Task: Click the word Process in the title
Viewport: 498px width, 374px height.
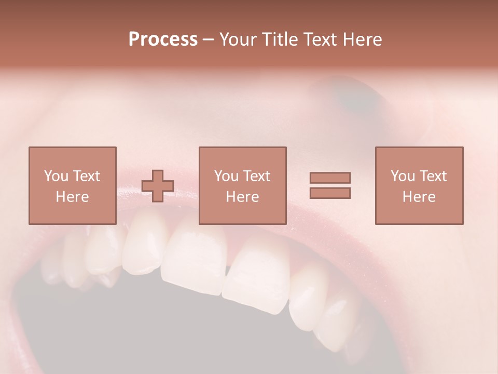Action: pyautogui.click(x=163, y=39)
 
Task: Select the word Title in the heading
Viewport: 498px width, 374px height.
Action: pyautogui.click(x=279, y=39)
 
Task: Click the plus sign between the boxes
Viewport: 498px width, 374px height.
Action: pyautogui.click(x=158, y=186)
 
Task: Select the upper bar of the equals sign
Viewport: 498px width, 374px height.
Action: pyautogui.click(x=330, y=178)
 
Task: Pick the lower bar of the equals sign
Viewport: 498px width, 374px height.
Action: pyautogui.click(x=330, y=193)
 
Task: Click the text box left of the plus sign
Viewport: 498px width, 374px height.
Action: pyautogui.click(x=72, y=185)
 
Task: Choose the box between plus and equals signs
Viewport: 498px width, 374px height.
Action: pyautogui.click(x=242, y=185)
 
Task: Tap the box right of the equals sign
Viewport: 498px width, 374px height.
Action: pyautogui.click(x=419, y=185)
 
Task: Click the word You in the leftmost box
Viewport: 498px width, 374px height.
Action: pyautogui.click(x=55, y=176)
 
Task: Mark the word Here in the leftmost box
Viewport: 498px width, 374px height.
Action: pyautogui.click(x=72, y=197)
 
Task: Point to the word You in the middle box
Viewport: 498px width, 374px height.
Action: pyautogui.click(x=226, y=176)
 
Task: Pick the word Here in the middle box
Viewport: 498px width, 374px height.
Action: pyautogui.click(x=242, y=197)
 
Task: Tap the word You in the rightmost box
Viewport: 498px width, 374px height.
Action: pyautogui.click(x=402, y=176)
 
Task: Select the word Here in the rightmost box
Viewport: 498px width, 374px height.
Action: pyautogui.click(x=419, y=197)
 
